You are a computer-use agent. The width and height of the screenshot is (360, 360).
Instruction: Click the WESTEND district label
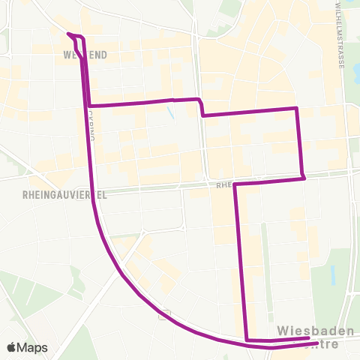[x=87, y=55]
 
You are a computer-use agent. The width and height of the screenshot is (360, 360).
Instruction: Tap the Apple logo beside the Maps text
[x=13, y=347]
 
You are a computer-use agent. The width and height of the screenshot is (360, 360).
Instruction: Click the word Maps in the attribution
[x=34, y=347]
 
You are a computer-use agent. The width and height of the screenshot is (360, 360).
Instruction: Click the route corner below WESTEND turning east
[x=89, y=106]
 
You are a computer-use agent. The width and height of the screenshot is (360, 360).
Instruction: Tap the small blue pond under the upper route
[x=172, y=115]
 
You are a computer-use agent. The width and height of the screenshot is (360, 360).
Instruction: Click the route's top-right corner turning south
[x=298, y=109]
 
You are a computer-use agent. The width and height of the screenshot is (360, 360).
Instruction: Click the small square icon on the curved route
[x=164, y=314]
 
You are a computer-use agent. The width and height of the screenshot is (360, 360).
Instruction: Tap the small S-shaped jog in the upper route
[x=201, y=106]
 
